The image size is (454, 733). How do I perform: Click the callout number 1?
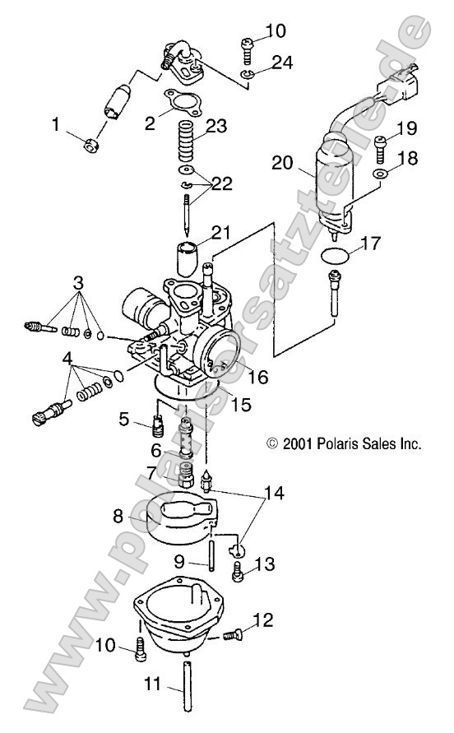(x=56, y=125)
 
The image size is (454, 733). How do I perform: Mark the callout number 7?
(x=151, y=472)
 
